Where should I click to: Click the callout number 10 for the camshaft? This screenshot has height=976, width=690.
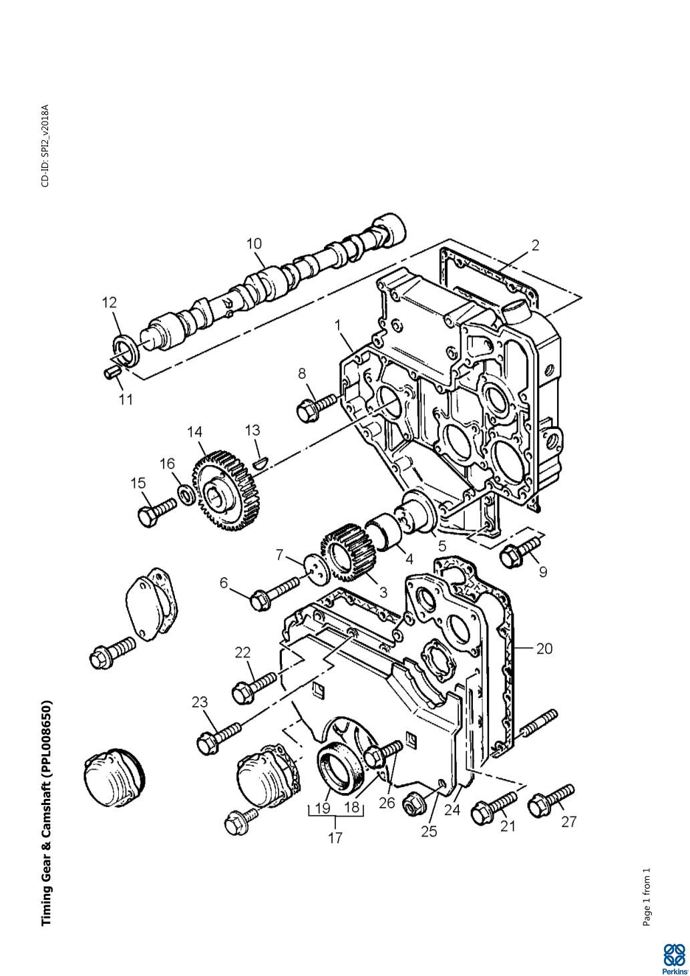click(254, 244)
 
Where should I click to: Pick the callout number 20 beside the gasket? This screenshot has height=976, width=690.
click(544, 649)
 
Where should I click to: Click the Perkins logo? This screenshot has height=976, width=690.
click(674, 957)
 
